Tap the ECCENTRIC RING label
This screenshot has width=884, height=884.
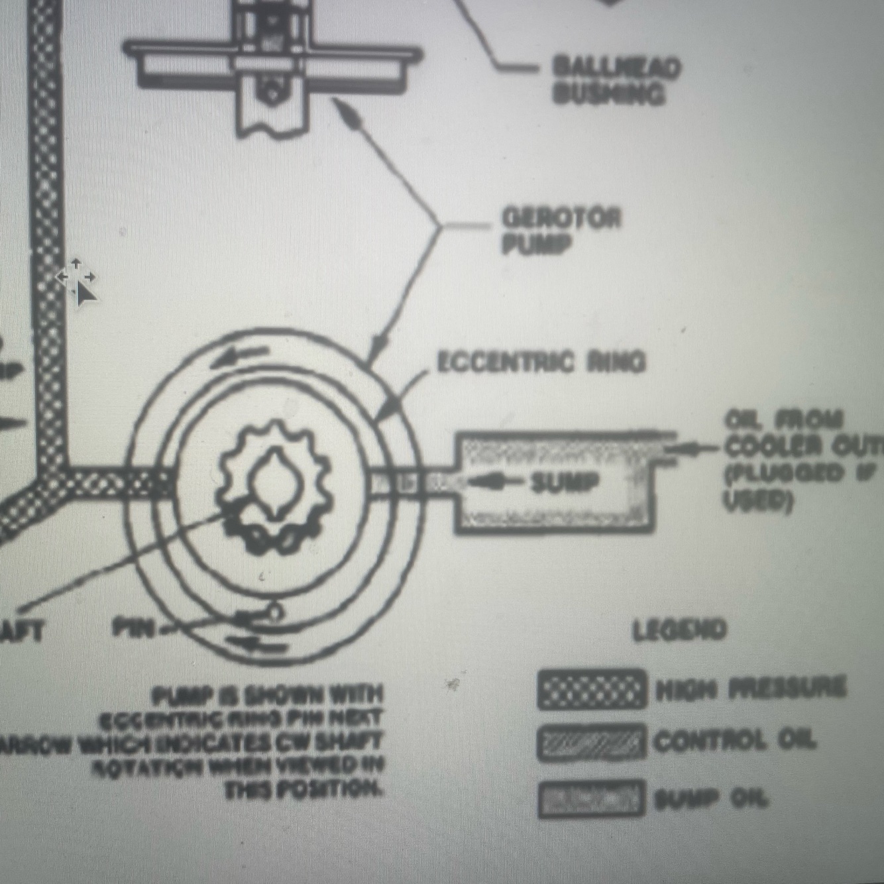(540, 362)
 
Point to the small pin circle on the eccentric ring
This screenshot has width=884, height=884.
(274, 612)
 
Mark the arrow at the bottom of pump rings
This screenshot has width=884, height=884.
(255, 641)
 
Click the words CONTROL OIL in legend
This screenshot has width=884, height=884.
(734, 741)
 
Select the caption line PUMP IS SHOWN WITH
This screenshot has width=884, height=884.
(268, 695)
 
